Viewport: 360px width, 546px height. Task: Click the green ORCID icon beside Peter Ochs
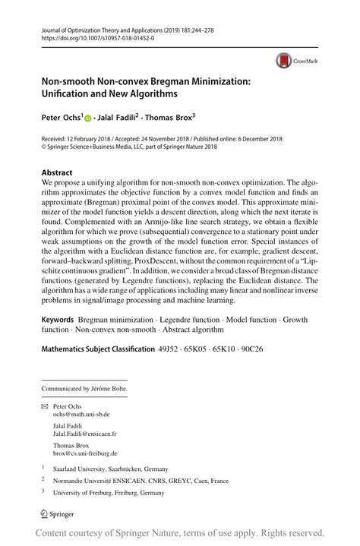(x=87, y=118)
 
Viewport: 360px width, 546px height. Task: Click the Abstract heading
(x=57, y=172)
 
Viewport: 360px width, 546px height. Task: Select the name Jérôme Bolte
(x=109, y=389)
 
